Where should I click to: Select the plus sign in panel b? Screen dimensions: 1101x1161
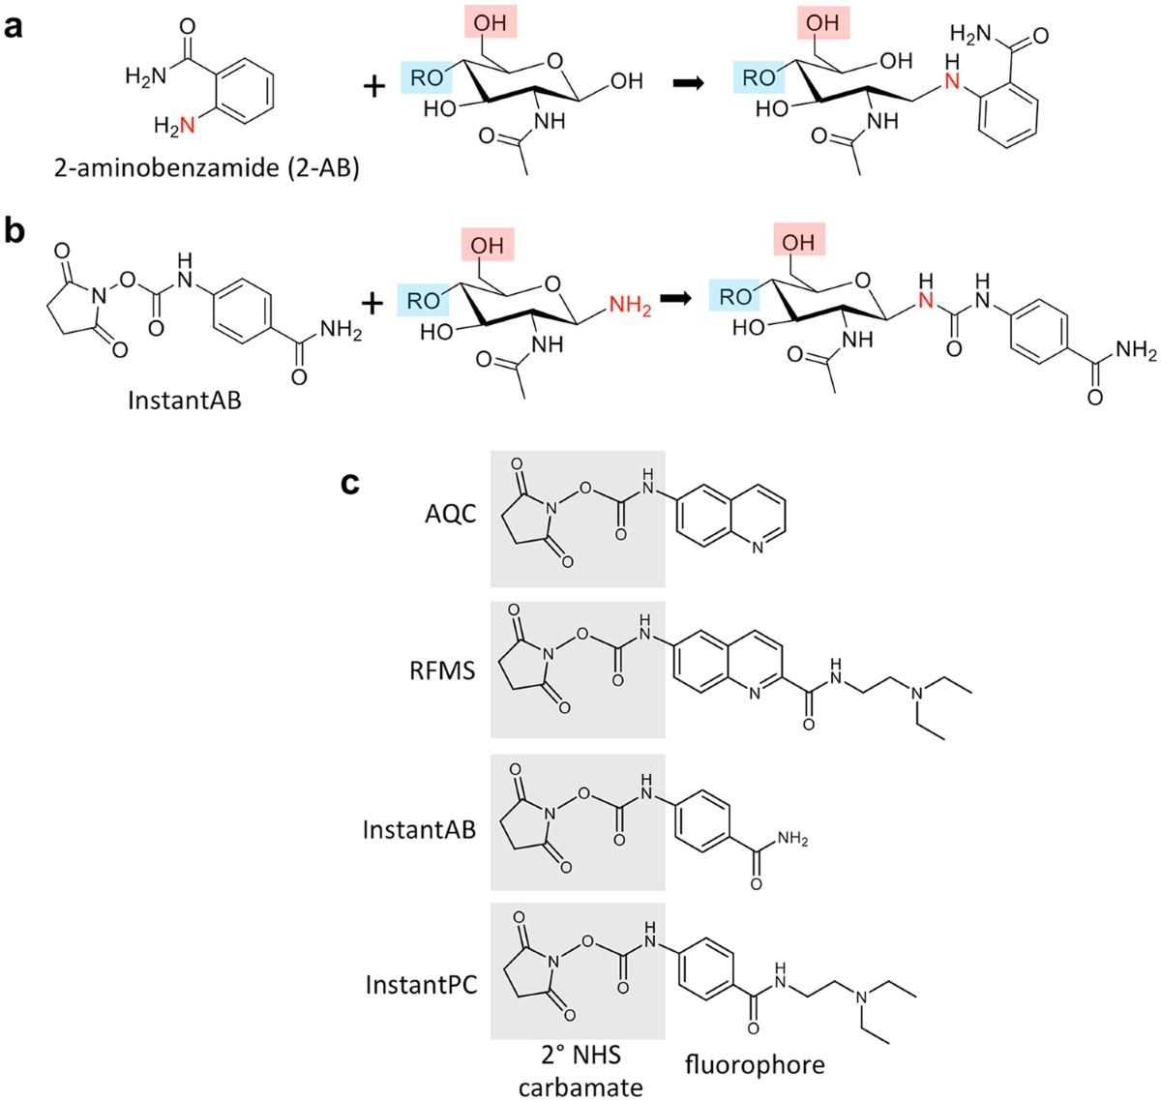tap(372, 303)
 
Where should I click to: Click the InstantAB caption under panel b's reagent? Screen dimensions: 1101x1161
tap(185, 399)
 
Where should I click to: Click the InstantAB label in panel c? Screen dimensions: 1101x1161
tap(420, 829)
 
